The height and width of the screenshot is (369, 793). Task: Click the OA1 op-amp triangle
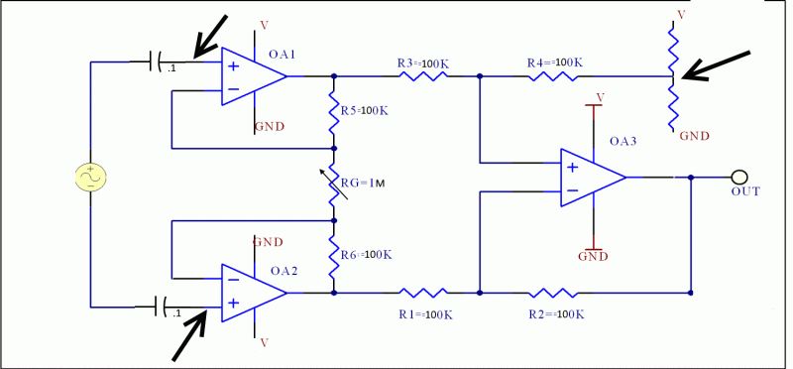pos(250,76)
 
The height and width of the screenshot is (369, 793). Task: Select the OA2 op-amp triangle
pos(250,293)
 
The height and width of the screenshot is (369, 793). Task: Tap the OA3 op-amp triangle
pos(590,178)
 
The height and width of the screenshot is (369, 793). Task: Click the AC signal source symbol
pos(90,178)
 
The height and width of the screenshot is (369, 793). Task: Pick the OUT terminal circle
pos(739,177)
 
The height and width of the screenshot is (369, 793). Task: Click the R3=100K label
pos(422,62)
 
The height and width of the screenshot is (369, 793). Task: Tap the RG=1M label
pos(362,183)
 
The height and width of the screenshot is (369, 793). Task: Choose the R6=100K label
pos(366,255)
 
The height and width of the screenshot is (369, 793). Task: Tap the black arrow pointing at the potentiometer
pos(716,65)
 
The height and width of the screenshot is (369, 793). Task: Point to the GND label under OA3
pos(593,255)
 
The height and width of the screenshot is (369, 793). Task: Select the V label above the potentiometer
pos(680,15)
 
